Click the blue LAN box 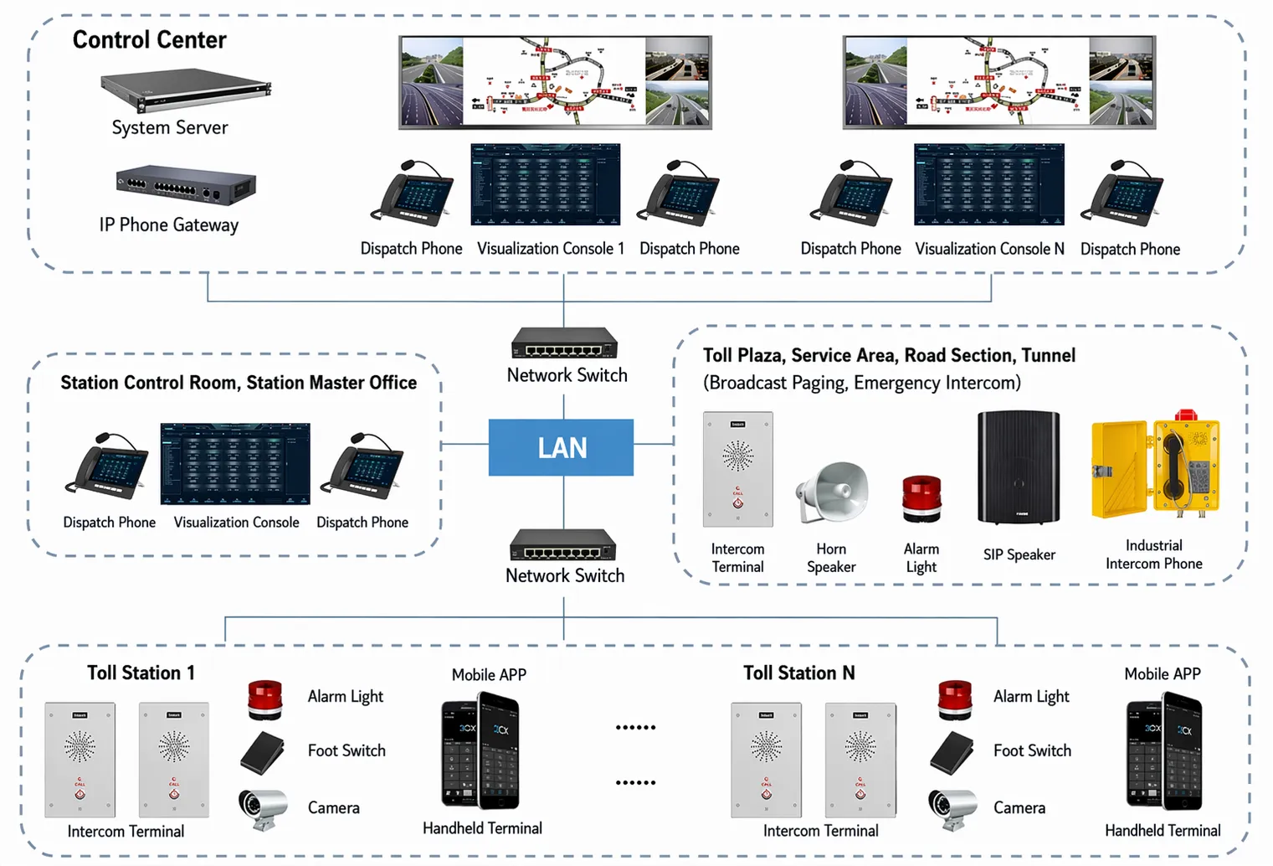pyautogui.click(x=561, y=447)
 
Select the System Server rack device pyautogui.click(x=186, y=90)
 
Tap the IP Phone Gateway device pyautogui.click(x=186, y=186)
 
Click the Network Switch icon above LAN pyautogui.click(x=564, y=343)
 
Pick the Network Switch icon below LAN pyautogui.click(x=563, y=545)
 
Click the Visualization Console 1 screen pyautogui.click(x=546, y=184)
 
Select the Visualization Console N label pyautogui.click(x=989, y=249)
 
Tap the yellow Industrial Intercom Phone pyautogui.click(x=1155, y=466)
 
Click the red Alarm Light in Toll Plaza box pyautogui.click(x=921, y=497)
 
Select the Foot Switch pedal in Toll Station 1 pyautogui.click(x=263, y=752)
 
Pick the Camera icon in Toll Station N pyautogui.click(x=952, y=807)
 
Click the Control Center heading pyautogui.click(x=149, y=39)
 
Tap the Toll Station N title pyautogui.click(x=798, y=673)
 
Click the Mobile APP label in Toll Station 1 pyautogui.click(x=489, y=675)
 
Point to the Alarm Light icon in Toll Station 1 pyautogui.click(x=265, y=699)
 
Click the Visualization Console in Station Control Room pyautogui.click(x=235, y=464)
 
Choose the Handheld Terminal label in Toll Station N pyautogui.click(x=1162, y=830)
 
